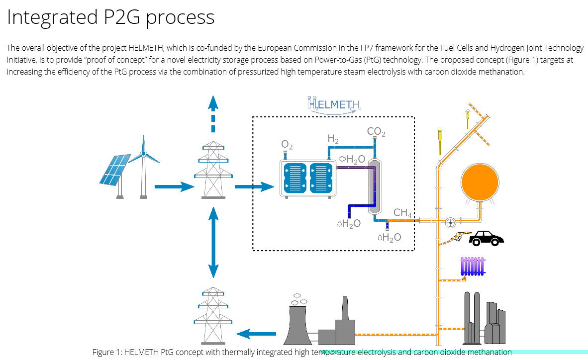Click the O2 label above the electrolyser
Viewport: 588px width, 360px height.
[x=287, y=145]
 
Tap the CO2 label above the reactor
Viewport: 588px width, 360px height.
[x=376, y=132]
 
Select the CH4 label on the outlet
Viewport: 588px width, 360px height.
[x=402, y=213]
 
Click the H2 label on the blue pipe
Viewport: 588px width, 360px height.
[x=333, y=139]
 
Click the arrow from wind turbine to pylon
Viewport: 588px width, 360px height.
[x=174, y=187]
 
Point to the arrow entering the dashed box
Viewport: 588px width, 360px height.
[x=254, y=187]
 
